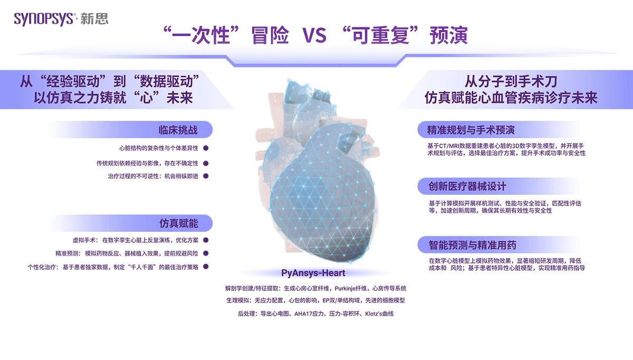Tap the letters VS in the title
[x=314, y=35]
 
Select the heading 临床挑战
[x=178, y=130]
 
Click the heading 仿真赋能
[x=179, y=223]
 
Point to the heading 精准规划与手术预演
[x=471, y=130]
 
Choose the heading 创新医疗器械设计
[x=467, y=186]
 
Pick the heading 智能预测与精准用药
[x=472, y=245]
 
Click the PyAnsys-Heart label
[x=313, y=273]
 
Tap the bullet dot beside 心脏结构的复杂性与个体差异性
[x=206, y=148]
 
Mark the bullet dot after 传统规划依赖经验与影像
[x=206, y=163]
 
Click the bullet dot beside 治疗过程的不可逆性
[x=206, y=176]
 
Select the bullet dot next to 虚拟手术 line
[x=206, y=240]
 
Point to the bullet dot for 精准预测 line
[x=206, y=253]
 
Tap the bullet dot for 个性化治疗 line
[x=206, y=267]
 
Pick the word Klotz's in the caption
[x=373, y=314]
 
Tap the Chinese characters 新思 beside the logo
[x=94, y=19]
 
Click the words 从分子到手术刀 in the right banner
[x=511, y=82]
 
